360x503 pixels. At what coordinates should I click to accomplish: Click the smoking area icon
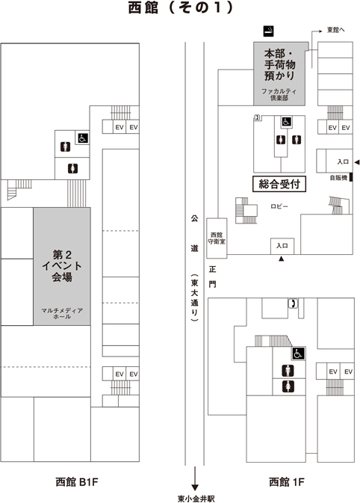click(x=269, y=31)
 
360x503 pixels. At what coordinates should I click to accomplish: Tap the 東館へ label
click(x=335, y=30)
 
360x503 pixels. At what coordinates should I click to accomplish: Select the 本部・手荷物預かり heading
click(x=279, y=65)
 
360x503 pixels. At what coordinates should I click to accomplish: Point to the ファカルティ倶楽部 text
click(x=279, y=95)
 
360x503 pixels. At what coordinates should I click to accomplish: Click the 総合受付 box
click(x=279, y=184)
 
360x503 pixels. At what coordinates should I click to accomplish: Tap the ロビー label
click(x=279, y=206)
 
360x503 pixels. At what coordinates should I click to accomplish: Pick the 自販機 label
click(x=338, y=177)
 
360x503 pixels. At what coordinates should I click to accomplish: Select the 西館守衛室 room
click(x=217, y=238)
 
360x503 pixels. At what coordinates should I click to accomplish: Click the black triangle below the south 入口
click(x=282, y=259)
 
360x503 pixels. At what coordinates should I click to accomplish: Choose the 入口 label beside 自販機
click(x=343, y=161)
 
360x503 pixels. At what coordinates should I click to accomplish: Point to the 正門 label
click(x=213, y=277)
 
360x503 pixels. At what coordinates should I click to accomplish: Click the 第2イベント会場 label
click(x=62, y=266)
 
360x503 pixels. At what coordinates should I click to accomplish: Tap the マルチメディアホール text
click(x=62, y=313)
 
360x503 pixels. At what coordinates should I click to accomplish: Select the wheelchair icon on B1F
click(x=82, y=138)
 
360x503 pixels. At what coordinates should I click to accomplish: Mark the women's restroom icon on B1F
click(x=72, y=168)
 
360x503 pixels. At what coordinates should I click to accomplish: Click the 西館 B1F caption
click(x=76, y=481)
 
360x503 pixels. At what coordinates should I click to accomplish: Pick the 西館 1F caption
click(x=286, y=481)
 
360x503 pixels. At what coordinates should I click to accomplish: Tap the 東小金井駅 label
click(x=196, y=499)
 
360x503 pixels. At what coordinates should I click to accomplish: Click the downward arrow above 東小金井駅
click(x=195, y=479)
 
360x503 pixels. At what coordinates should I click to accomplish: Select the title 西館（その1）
click(x=181, y=8)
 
